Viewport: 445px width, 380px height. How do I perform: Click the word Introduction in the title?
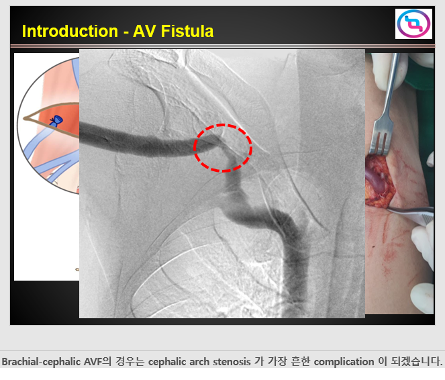pos(70,31)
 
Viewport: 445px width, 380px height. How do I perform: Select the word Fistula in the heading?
pos(187,31)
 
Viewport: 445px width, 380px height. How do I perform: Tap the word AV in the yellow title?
pos(144,31)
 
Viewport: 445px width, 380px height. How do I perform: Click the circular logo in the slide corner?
pos(413,24)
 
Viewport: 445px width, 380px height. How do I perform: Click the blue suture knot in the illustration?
pos(57,121)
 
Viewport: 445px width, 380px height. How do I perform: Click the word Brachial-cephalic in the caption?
pos(42,362)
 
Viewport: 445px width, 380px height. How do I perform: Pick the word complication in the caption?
pos(344,362)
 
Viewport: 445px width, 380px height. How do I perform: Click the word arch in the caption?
pos(200,362)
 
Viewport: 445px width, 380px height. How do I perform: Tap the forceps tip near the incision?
pos(389,209)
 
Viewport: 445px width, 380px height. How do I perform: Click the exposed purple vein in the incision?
pos(376,180)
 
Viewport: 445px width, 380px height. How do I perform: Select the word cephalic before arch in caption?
pos(167,362)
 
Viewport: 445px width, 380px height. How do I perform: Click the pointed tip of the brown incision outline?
pos(24,118)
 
